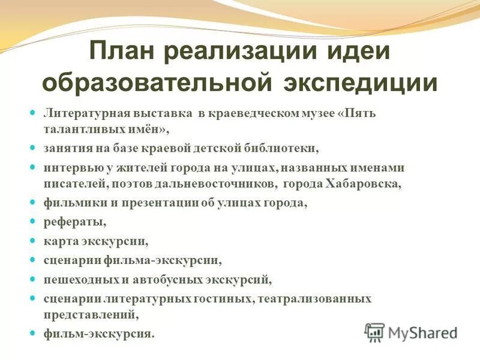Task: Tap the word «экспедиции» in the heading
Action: [360, 82]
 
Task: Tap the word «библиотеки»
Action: [277, 148]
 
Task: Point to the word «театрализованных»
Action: [315, 298]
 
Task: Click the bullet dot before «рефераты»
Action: [34, 221]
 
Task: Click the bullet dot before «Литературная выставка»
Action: [34, 113]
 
